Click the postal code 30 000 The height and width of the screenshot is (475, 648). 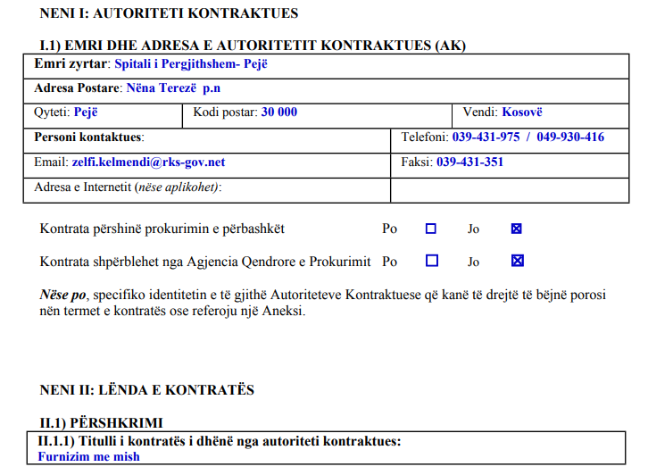pyautogui.click(x=279, y=112)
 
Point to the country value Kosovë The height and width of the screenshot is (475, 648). pyautogui.click(x=522, y=112)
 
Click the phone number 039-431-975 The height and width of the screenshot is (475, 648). pyautogui.click(x=486, y=137)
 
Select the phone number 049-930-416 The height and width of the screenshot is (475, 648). pyautogui.click(x=570, y=137)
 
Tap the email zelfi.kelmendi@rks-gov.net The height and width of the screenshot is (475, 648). pyautogui.click(x=148, y=162)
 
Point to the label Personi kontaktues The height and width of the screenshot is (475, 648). pyautogui.click(x=88, y=137)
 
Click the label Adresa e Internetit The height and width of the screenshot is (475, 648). pyautogui.click(x=83, y=187)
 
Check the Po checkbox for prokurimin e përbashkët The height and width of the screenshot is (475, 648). pyautogui.click(x=431, y=229)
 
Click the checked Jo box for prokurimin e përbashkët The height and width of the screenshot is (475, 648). pyautogui.click(x=516, y=229)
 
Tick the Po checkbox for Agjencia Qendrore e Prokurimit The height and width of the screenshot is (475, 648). pyautogui.click(x=431, y=261)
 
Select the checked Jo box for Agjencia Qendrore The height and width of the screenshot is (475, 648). pyautogui.click(x=517, y=261)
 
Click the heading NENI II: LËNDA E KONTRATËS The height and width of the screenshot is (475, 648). pyautogui.click(x=147, y=390)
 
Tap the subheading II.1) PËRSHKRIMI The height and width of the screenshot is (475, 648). pyautogui.click(x=101, y=421)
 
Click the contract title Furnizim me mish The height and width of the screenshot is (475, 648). pyautogui.click(x=88, y=456)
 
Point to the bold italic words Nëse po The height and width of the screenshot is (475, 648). pyautogui.click(x=63, y=294)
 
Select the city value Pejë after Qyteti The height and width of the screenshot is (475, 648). pyautogui.click(x=86, y=112)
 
